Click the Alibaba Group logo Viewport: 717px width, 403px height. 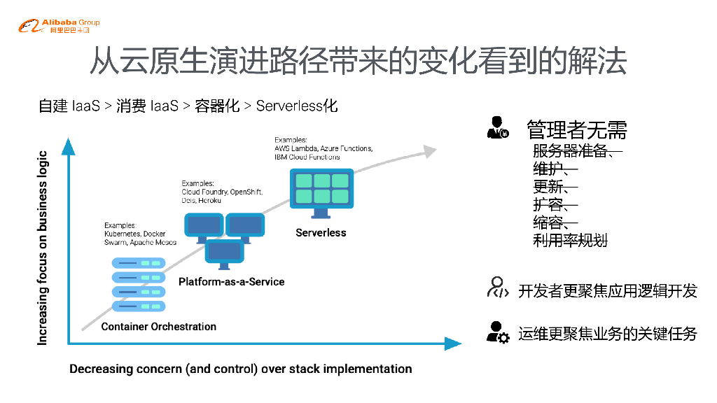click(x=59, y=27)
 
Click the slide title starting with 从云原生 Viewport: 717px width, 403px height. click(x=358, y=62)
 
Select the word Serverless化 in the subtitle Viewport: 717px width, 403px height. click(x=297, y=106)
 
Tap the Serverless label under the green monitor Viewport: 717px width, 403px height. click(x=321, y=232)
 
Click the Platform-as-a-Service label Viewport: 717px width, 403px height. click(x=231, y=281)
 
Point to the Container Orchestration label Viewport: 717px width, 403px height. click(x=159, y=327)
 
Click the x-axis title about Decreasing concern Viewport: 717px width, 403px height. click(x=240, y=369)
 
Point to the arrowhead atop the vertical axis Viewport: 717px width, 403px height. click(x=68, y=146)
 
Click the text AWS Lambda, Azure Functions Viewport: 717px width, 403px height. click(x=323, y=149)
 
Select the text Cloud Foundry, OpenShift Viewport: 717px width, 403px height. click(x=222, y=191)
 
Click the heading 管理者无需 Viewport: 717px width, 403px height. click(x=576, y=129)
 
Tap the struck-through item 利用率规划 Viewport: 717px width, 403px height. click(x=570, y=241)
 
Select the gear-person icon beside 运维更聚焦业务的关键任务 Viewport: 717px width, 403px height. click(x=497, y=332)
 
